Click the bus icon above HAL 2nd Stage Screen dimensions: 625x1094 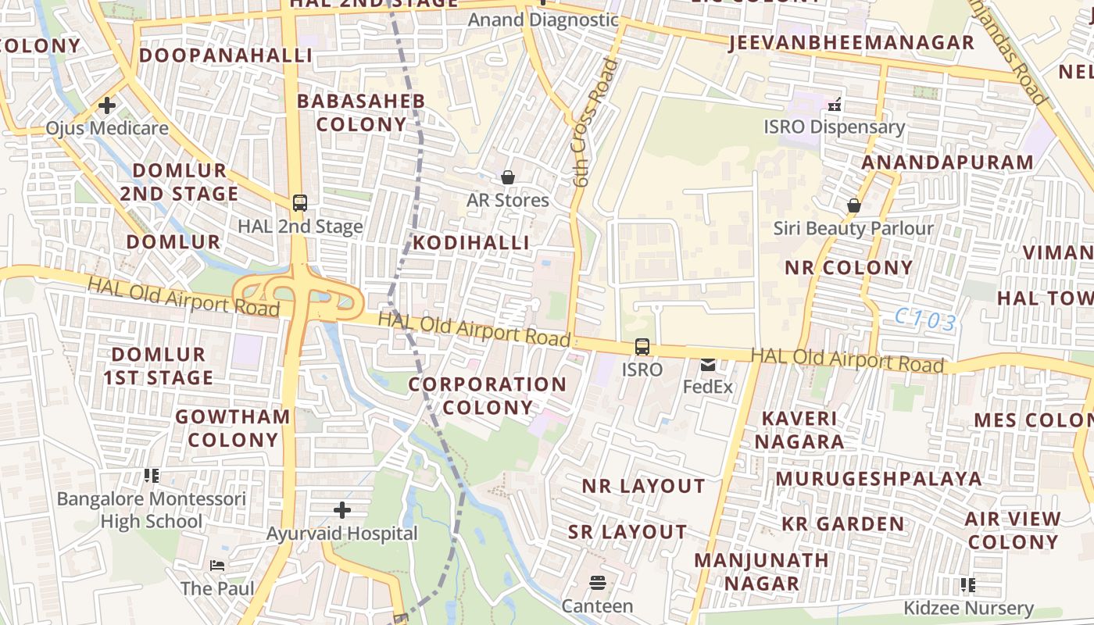[299, 203]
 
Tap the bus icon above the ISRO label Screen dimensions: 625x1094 [642, 346]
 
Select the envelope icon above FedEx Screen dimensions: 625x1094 [708, 364]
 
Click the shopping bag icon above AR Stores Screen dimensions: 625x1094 [508, 178]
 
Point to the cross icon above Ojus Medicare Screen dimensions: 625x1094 [107, 105]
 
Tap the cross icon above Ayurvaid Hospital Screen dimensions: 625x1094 [342, 511]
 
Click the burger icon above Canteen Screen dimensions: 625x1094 [598, 583]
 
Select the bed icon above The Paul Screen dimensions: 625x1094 [217, 565]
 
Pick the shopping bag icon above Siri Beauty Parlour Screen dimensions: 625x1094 [853, 205]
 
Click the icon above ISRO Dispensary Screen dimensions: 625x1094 [834, 103]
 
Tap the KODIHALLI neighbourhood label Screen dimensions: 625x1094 [471, 243]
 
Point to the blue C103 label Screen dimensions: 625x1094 [926, 320]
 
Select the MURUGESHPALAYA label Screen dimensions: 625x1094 [879, 478]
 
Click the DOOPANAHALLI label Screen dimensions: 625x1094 [226, 55]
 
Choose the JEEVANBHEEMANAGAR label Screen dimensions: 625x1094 [852, 43]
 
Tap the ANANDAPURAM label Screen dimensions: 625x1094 [947, 162]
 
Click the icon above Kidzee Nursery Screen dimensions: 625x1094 [968, 584]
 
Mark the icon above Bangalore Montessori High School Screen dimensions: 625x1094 [152, 475]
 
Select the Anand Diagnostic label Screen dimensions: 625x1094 [543, 20]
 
